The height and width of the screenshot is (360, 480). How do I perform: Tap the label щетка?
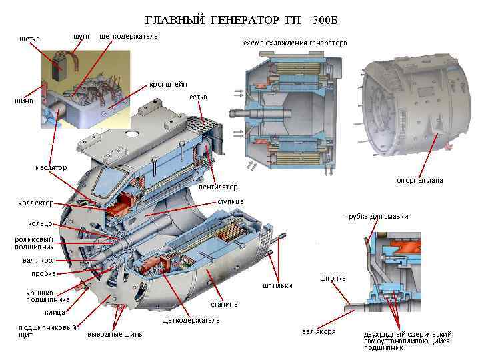(29, 39)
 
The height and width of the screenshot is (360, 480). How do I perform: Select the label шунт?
(82, 35)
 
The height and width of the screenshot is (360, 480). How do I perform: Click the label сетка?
(198, 97)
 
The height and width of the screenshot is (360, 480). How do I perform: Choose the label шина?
(24, 101)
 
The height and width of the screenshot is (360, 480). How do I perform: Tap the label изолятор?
(51, 167)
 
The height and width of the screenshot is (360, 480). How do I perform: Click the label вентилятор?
(218, 186)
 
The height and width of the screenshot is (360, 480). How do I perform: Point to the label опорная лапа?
(419, 181)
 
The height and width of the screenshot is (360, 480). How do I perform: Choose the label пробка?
(43, 273)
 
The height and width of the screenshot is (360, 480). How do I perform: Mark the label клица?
(55, 312)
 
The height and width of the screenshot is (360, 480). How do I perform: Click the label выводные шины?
(115, 334)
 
